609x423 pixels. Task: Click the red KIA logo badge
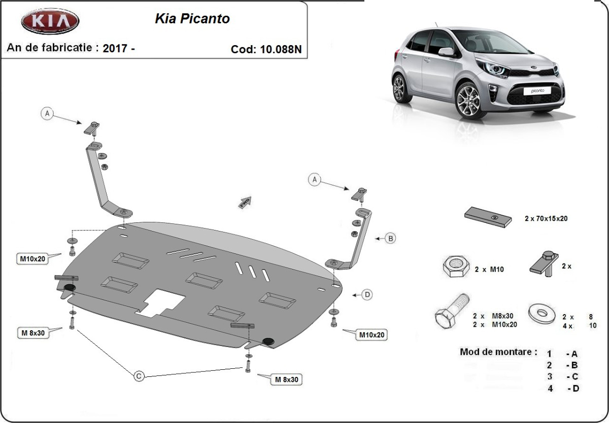(50, 21)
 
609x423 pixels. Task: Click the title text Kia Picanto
(192, 18)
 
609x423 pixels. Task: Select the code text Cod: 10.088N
(266, 49)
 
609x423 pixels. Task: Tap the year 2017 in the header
(115, 48)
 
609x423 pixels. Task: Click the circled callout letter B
(391, 239)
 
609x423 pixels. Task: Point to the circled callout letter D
(367, 295)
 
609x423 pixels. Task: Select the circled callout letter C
(139, 376)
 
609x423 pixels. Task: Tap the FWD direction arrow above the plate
(245, 202)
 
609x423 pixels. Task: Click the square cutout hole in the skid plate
(161, 303)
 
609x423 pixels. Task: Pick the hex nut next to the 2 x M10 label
(456, 266)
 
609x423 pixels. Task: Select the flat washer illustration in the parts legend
(542, 314)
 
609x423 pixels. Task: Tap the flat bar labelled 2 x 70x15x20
(488, 217)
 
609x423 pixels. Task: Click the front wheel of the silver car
(471, 101)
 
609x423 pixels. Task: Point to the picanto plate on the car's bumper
(537, 91)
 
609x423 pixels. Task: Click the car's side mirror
(446, 52)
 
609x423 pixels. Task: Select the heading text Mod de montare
(498, 352)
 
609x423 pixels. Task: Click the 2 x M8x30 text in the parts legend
(493, 316)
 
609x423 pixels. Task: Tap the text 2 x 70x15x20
(546, 218)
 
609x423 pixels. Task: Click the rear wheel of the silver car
(401, 88)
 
